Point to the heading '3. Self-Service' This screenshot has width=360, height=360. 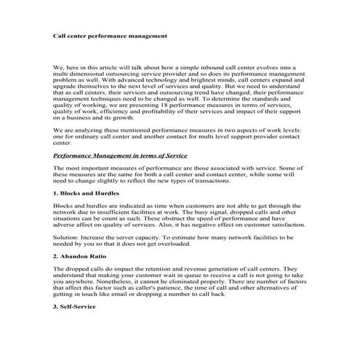74,308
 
